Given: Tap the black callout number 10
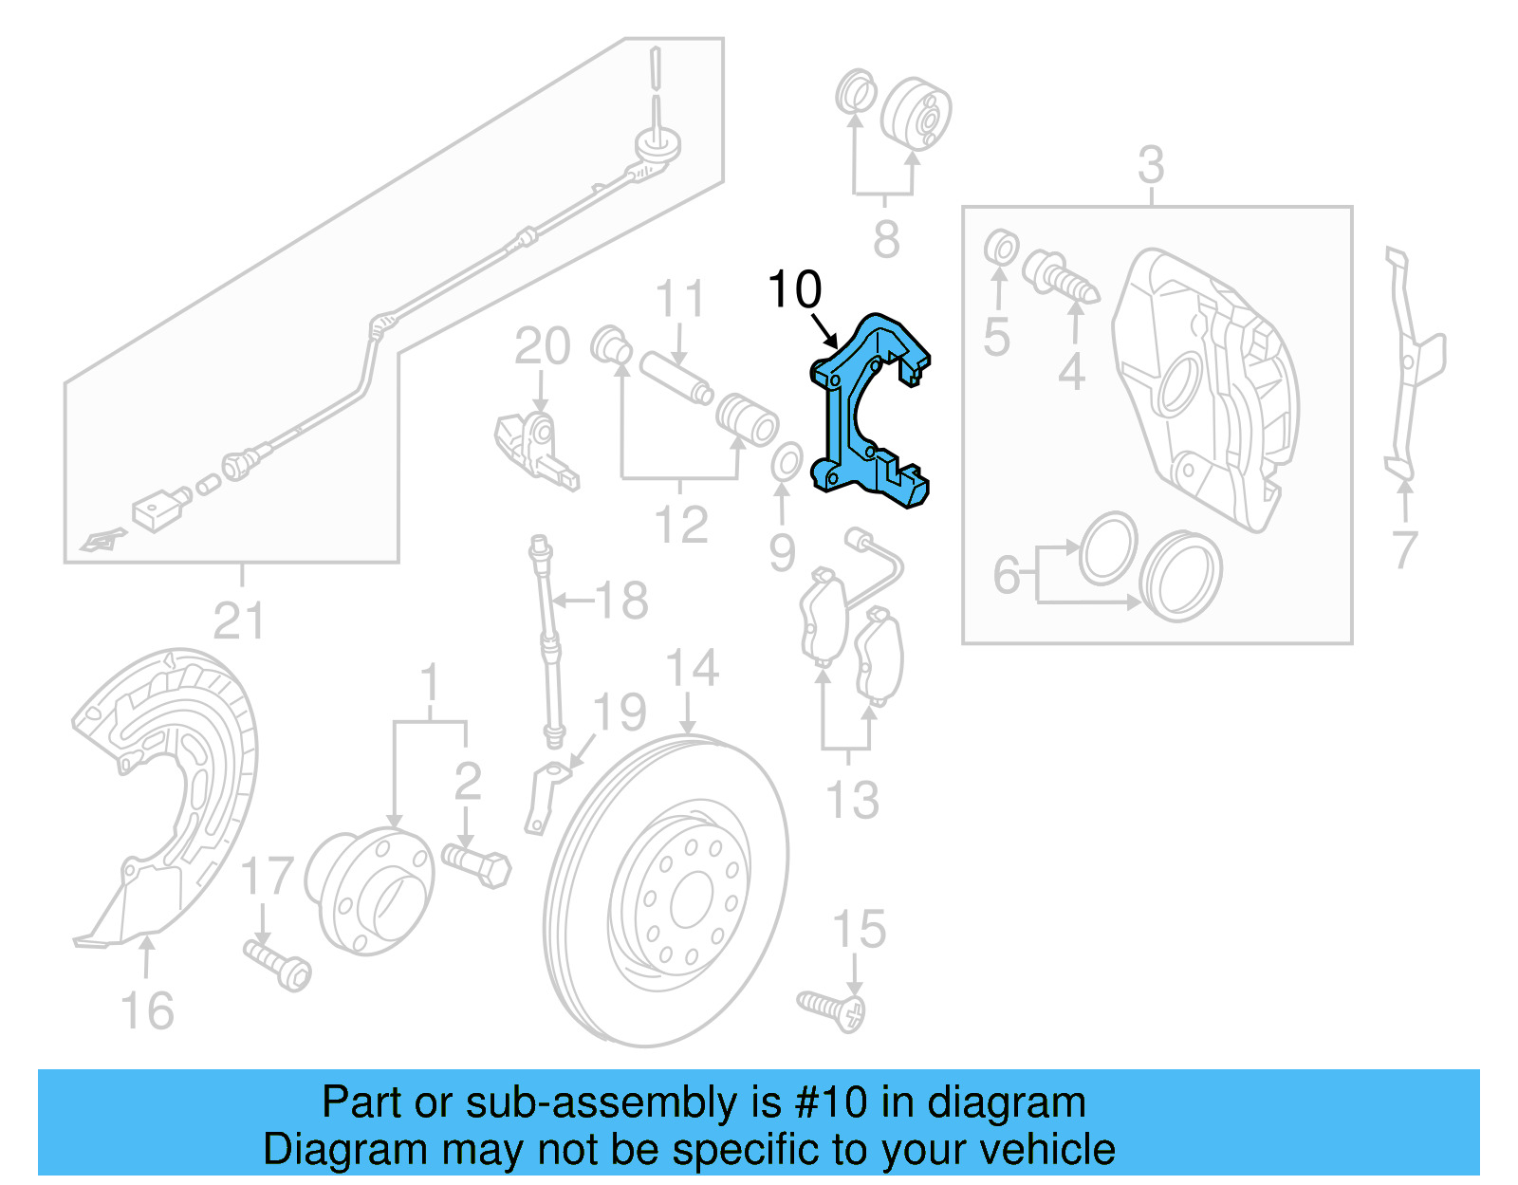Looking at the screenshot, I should (x=794, y=289).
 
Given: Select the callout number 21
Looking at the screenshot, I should (x=238, y=621).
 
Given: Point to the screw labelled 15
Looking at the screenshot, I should (x=831, y=1008).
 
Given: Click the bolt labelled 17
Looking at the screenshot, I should (x=277, y=962).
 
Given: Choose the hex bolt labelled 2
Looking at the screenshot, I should (x=476, y=863).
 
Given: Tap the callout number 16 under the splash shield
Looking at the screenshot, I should (x=147, y=1011).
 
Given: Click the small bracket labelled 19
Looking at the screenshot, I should (x=542, y=797).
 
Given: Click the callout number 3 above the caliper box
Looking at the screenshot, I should (x=1151, y=166).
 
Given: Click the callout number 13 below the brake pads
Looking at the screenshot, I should (x=852, y=800).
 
